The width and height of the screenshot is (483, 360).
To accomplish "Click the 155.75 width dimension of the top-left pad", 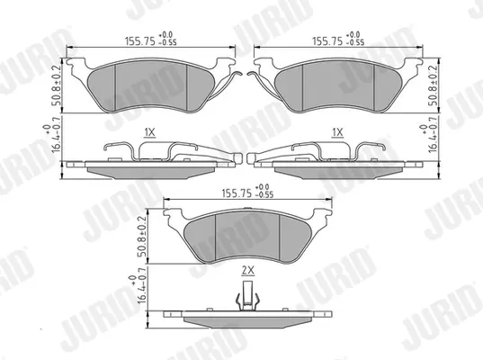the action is pos(140,41).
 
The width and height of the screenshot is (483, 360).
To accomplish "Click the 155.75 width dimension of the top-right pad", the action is pos(327,41).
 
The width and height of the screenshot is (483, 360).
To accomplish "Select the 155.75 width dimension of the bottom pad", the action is pos(237,193).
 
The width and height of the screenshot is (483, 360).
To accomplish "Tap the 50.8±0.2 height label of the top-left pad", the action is pos(57,85).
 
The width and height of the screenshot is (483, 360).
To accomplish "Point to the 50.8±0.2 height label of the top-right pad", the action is pos(434,85).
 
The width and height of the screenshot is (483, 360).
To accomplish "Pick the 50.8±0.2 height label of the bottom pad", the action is pos(142,237).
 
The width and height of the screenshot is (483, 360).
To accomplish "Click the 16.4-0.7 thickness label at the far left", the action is pos(53,139).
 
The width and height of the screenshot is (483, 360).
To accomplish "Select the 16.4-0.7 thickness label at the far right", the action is pos(430,133).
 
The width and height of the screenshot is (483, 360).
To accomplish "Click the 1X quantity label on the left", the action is pos(150,132).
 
